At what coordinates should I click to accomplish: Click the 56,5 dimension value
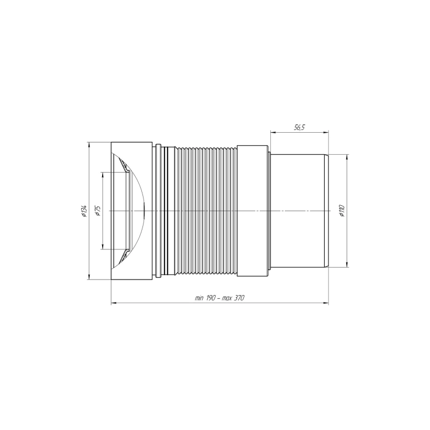click(299, 127)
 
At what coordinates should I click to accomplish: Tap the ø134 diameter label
click(84, 211)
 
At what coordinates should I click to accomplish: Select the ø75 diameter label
click(98, 211)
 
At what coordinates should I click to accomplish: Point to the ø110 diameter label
click(342, 211)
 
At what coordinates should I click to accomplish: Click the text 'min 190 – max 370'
click(219, 298)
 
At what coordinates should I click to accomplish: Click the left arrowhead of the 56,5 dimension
click(273, 133)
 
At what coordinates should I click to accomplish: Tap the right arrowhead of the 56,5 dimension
click(326, 133)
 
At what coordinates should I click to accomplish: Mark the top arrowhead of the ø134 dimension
click(89, 145)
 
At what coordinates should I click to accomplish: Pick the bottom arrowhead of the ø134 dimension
click(89, 277)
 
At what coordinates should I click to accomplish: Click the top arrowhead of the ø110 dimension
click(347, 157)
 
